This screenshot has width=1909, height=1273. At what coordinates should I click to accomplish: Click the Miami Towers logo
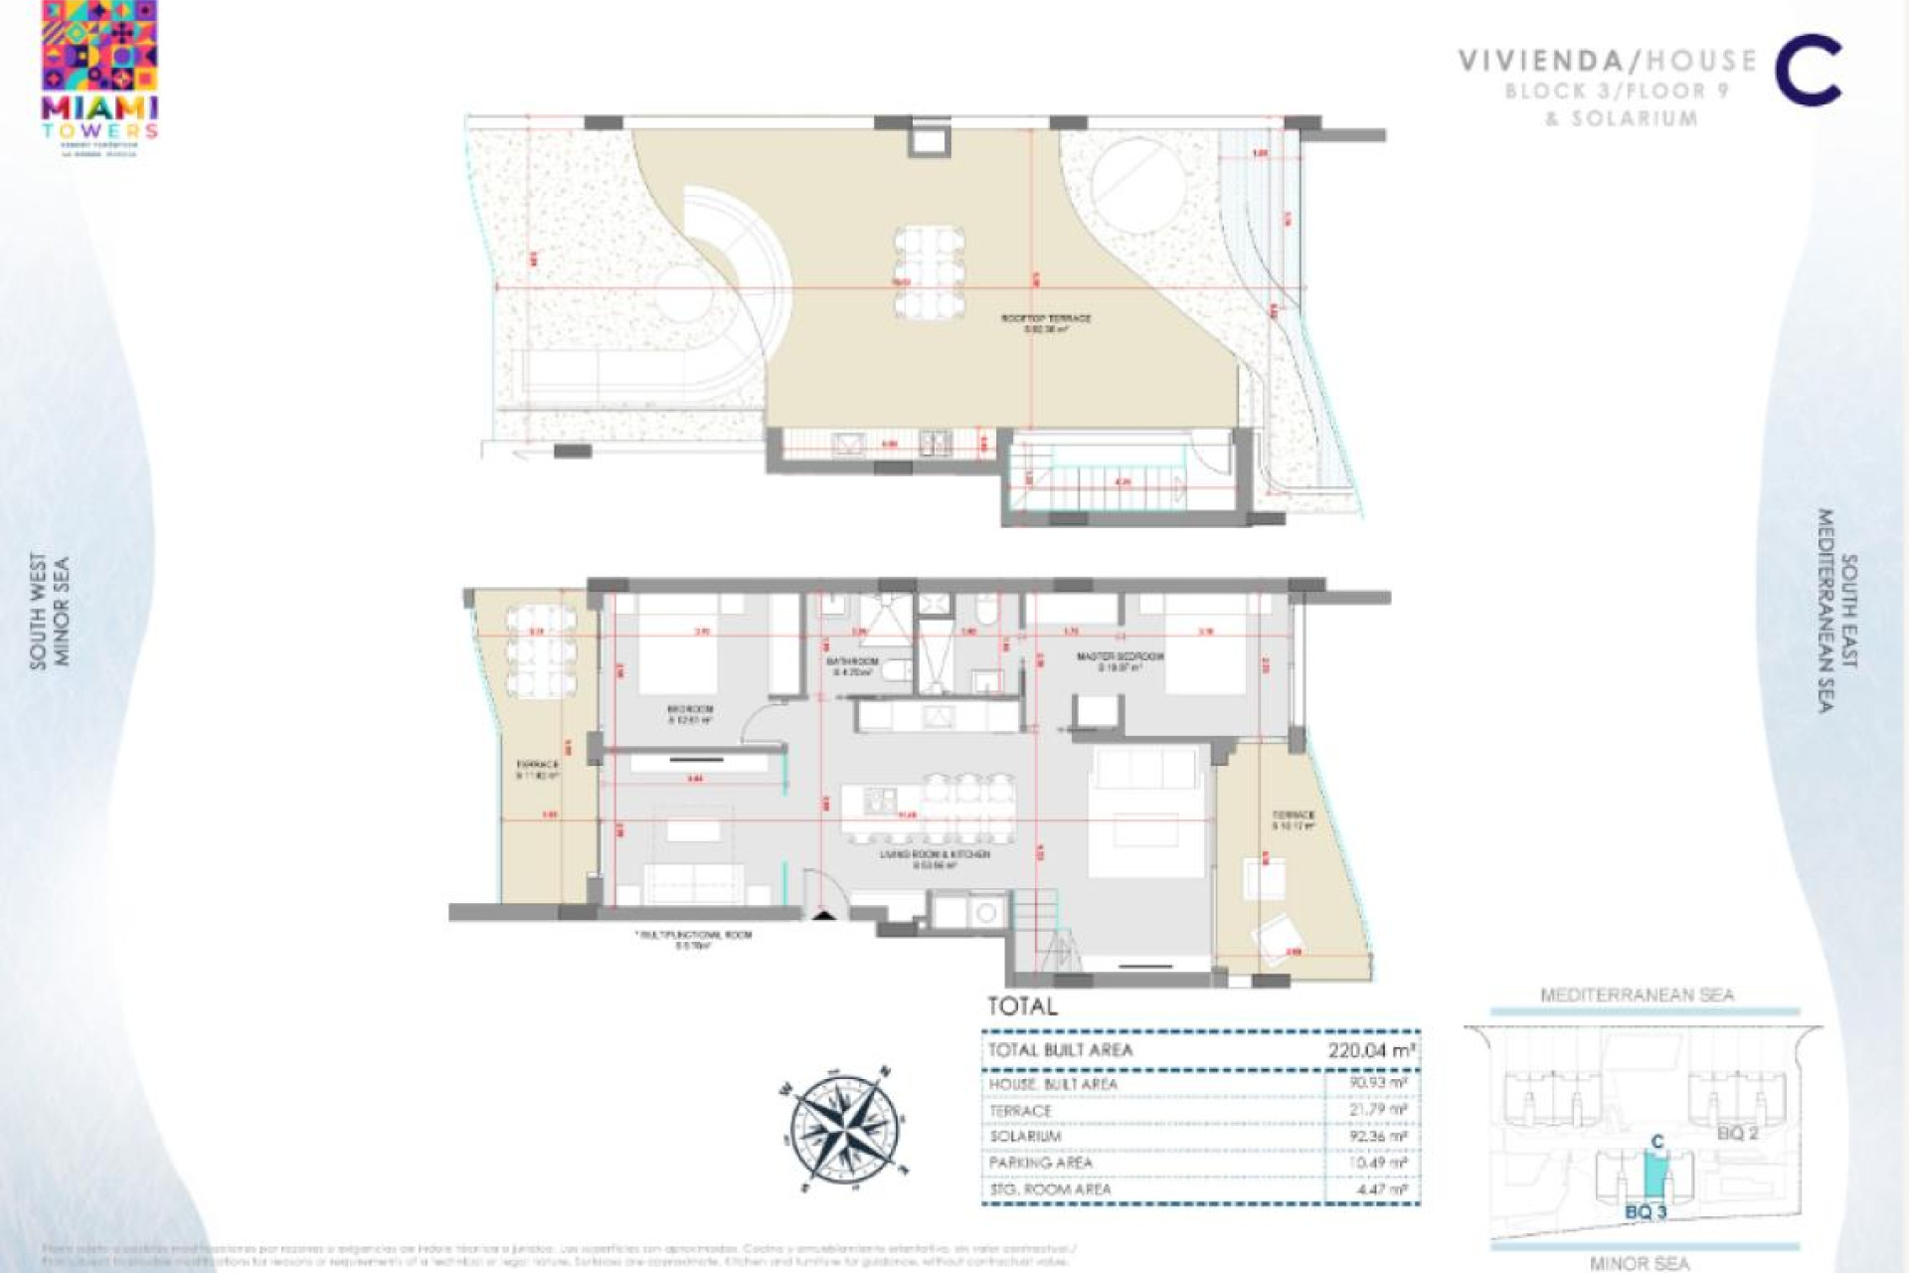click(100, 78)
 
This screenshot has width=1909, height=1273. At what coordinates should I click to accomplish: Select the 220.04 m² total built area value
click(1371, 1050)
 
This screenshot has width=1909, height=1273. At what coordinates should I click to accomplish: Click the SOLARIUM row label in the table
click(1025, 1137)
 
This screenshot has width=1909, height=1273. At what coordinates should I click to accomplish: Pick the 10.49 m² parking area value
click(1380, 1163)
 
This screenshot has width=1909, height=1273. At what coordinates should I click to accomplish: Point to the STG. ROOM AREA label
click(1050, 1189)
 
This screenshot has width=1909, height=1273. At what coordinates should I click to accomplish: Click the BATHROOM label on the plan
click(852, 661)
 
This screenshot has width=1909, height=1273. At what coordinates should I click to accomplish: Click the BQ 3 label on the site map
click(1646, 1212)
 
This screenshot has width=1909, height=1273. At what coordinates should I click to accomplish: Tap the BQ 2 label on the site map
click(1737, 1133)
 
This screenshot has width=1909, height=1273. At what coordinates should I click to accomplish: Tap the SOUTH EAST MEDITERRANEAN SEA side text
click(1837, 611)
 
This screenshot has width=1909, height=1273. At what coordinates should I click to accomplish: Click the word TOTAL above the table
click(1022, 1005)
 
